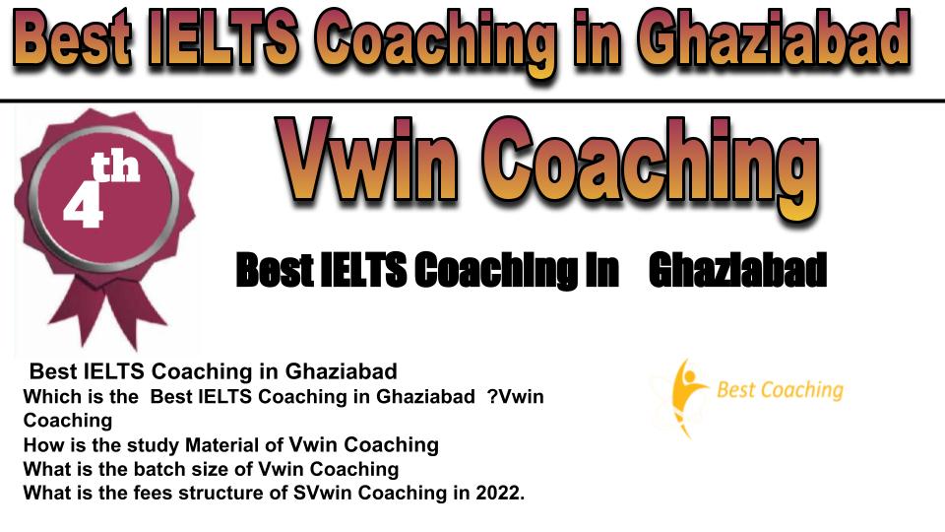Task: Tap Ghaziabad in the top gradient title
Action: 774,38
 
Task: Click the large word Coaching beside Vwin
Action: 652,166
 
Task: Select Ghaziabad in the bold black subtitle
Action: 737,270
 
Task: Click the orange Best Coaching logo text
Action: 780,390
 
